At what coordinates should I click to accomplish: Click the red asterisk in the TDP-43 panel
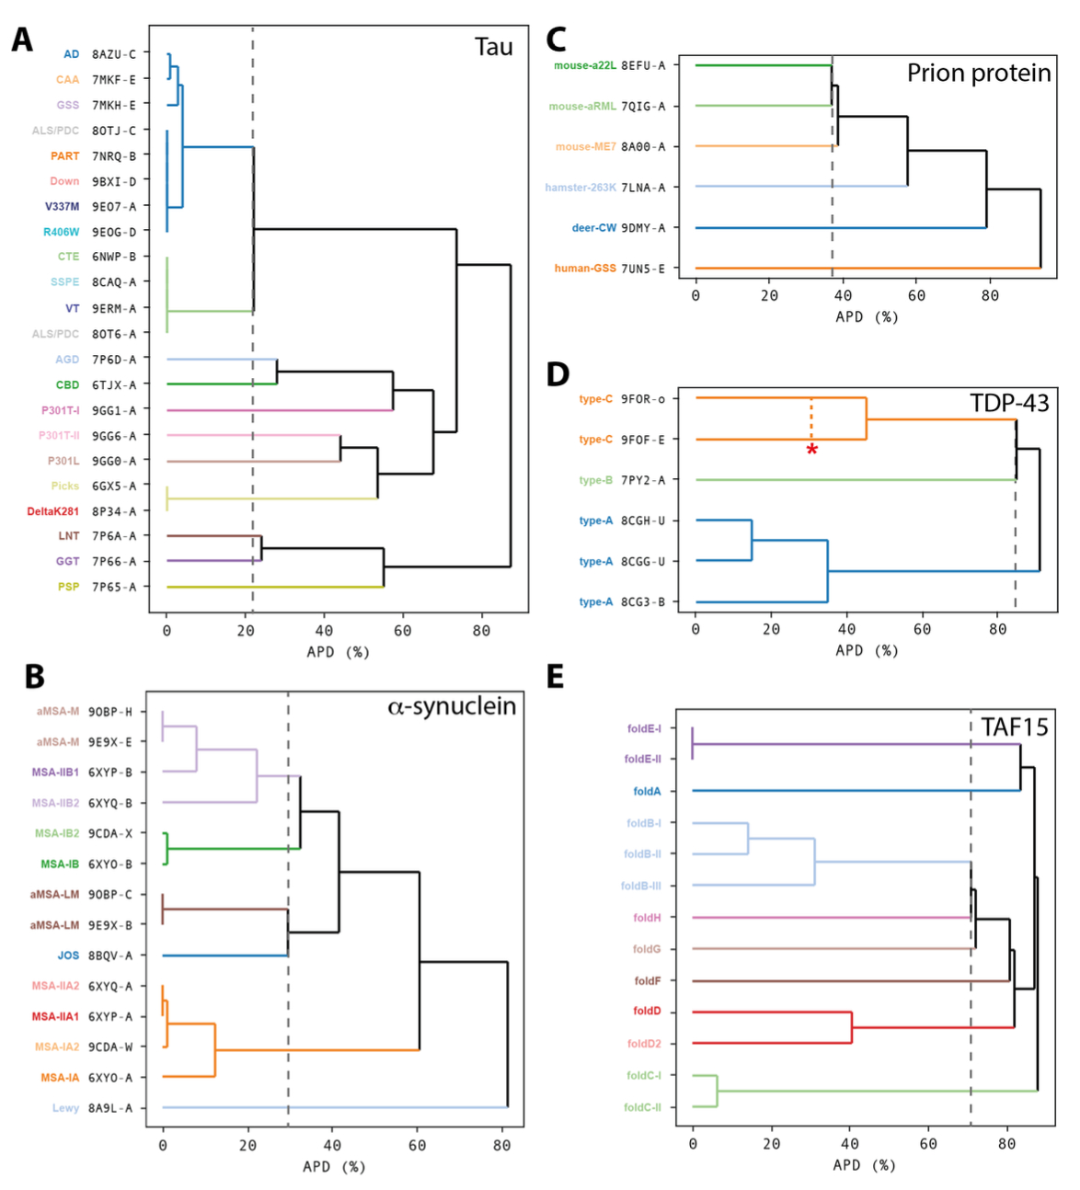811,450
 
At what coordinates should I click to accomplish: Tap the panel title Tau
493,48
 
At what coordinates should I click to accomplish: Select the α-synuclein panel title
452,706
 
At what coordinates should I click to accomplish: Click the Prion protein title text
978,74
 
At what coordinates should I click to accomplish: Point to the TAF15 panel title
1014,727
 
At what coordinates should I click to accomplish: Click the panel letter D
557,374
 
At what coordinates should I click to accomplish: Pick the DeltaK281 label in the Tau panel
52,511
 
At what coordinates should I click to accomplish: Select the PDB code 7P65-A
113,587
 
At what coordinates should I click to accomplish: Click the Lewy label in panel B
65,1108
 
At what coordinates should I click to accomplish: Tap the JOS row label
68,955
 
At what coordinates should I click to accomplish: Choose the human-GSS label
584,269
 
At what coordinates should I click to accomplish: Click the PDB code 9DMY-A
643,228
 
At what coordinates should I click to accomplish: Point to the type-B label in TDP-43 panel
595,480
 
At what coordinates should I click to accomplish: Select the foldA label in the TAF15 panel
647,791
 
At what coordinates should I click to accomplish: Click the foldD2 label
644,1044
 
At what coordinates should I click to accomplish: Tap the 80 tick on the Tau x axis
481,631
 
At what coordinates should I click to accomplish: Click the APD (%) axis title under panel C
866,317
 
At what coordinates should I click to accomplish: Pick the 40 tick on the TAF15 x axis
849,1144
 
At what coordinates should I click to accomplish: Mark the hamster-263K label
580,188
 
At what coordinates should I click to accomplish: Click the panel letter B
34,676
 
